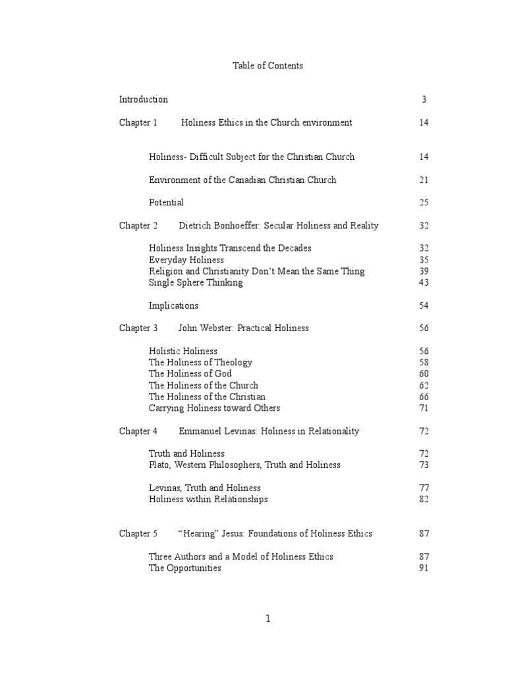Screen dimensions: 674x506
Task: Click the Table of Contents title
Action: tap(267, 66)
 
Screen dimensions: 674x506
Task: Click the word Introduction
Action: tap(143, 100)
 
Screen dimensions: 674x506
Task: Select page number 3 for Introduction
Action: tap(424, 100)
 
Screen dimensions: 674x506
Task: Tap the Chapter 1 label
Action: tap(138, 122)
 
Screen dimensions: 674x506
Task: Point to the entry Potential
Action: tap(166, 203)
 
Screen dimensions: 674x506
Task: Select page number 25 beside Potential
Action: tap(424, 203)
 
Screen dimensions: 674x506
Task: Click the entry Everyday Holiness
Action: tap(186, 260)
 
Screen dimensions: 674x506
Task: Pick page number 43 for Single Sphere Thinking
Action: tap(424, 283)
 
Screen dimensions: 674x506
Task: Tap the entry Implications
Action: tap(173, 306)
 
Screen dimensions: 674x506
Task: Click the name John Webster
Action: tap(207, 328)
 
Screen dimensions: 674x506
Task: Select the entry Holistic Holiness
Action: tap(183, 351)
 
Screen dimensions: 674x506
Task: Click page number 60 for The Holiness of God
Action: tap(424, 374)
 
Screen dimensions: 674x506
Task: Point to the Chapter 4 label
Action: tap(138, 432)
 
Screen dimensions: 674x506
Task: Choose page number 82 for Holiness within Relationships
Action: tap(424, 500)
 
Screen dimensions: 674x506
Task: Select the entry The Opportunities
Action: tap(185, 569)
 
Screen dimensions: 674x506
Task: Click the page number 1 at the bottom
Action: tap(268, 618)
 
